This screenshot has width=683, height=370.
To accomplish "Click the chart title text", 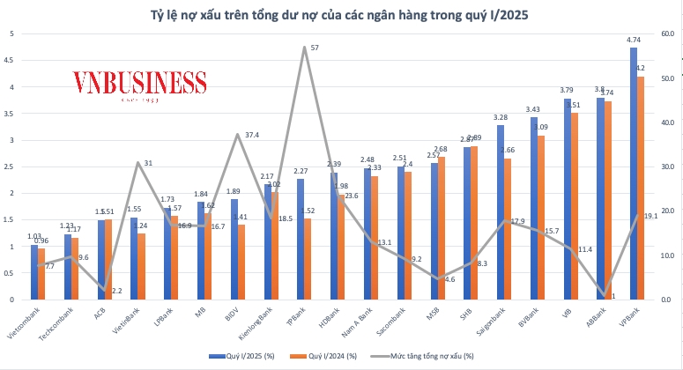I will click(341, 14).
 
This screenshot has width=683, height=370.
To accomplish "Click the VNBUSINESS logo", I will click(139, 85).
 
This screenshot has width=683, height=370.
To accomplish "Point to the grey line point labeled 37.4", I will click(238, 134).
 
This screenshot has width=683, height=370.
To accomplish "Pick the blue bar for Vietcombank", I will click(34, 272).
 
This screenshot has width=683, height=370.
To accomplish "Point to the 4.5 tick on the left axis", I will click(9, 60).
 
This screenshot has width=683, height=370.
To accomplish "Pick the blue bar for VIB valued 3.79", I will click(567, 199).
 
